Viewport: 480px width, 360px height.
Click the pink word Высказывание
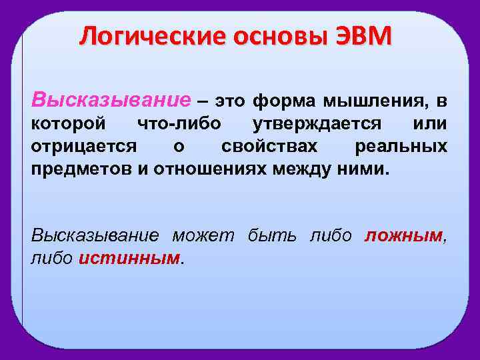point(111,101)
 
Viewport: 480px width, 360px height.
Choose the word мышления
point(373,102)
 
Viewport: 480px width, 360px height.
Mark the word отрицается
point(84,146)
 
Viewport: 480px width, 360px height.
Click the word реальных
point(401,146)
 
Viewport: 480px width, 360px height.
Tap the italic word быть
point(270,235)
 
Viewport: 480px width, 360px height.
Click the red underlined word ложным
point(403,235)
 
